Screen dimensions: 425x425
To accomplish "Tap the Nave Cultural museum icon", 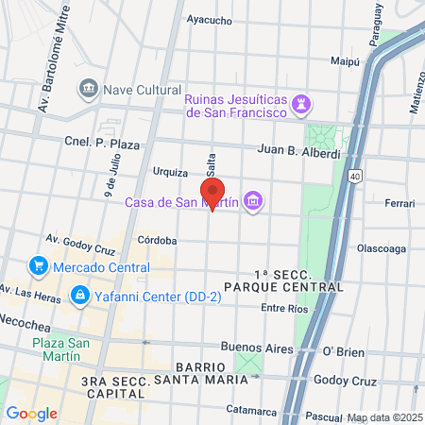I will tap(88, 88).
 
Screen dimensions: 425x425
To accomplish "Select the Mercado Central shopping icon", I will tap(39, 265).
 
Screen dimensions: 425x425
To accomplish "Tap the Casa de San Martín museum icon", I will tap(252, 200).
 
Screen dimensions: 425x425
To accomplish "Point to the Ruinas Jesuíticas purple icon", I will tap(301, 101).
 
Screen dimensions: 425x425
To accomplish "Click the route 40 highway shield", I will tap(353, 176).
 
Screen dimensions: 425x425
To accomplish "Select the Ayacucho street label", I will tap(210, 19).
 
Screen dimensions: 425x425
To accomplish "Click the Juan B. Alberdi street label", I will tap(298, 151).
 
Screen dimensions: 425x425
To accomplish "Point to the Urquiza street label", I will tap(170, 172).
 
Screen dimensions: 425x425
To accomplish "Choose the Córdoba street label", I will tap(157, 240).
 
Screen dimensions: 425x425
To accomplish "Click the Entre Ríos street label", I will tap(285, 308).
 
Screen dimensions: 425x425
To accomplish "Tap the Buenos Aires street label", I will tap(257, 348).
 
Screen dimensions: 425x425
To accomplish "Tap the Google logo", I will tap(31, 413).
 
